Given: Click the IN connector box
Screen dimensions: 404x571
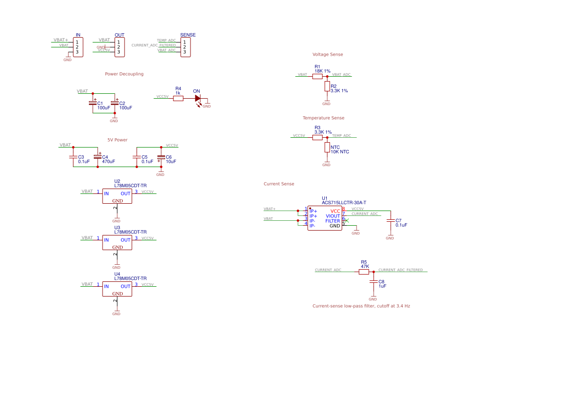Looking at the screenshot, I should coord(78,47).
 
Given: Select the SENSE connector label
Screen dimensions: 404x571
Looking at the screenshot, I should coord(188,35).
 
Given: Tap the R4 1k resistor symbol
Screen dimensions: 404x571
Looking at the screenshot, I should coord(178,98).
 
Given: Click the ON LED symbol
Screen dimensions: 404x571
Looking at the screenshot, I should coord(197,98).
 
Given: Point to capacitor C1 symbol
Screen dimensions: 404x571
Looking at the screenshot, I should coord(93,103).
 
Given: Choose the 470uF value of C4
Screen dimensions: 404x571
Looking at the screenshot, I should coord(108,161).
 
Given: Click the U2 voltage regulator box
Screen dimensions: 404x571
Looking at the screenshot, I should coord(117,196).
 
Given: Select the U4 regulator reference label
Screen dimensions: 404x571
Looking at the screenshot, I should coord(117,274).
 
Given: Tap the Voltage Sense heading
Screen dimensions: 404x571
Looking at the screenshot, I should coord(328,55).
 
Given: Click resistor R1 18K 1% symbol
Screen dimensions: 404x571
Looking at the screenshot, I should coord(317,76).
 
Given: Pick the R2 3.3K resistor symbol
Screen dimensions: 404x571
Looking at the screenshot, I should coord(327,86).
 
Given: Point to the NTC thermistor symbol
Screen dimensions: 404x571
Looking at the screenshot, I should coord(327,147).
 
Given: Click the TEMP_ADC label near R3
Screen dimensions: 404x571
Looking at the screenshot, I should coord(341,136).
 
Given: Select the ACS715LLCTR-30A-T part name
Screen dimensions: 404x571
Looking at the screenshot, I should coord(344,203).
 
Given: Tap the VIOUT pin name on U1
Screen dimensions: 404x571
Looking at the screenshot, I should coord(333,216).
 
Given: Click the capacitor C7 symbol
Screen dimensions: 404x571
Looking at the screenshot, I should coord(390,221).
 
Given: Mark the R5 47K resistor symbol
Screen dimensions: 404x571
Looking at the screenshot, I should coord(364,272).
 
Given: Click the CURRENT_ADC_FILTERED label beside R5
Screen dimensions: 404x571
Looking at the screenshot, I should coord(401,270).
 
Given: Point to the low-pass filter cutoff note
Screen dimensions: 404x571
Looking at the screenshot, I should coord(361,306).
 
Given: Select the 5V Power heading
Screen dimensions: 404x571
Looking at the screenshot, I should coord(117,140).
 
